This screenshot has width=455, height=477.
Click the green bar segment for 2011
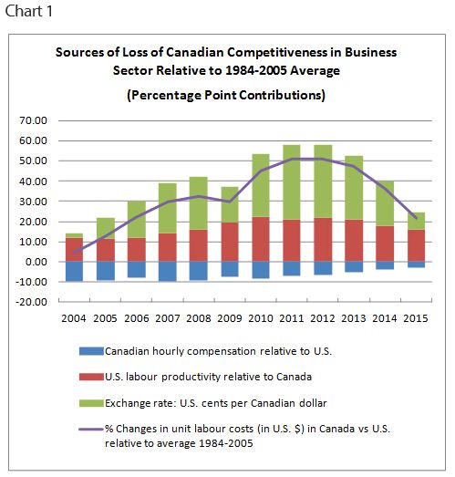click(x=292, y=182)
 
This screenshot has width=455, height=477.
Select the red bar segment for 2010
click(x=261, y=239)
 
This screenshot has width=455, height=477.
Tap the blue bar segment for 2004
click(x=74, y=272)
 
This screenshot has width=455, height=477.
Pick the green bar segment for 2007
click(x=167, y=208)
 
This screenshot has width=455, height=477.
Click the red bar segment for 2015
click(x=416, y=245)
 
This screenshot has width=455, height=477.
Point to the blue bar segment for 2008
click(x=198, y=271)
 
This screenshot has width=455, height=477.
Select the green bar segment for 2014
click(x=385, y=203)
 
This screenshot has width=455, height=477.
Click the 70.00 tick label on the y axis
click(x=33, y=120)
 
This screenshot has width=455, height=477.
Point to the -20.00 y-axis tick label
click(x=32, y=302)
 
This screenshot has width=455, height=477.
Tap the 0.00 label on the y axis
click(x=36, y=262)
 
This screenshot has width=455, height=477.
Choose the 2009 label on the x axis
click(x=230, y=318)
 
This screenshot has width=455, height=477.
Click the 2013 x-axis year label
click(x=354, y=318)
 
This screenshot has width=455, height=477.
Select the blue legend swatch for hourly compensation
click(x=91, y=351)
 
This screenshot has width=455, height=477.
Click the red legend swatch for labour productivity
click(x=91, y=377)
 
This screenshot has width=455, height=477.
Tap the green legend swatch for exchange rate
click(x=91, y=403)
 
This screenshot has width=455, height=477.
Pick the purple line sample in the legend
click(x=91, y=429)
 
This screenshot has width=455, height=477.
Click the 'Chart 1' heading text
click(x=29, y=11)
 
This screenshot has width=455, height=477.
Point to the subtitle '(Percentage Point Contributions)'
click(x=226, y=95)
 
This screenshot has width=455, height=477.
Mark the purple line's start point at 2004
click(x=75, y=253)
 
